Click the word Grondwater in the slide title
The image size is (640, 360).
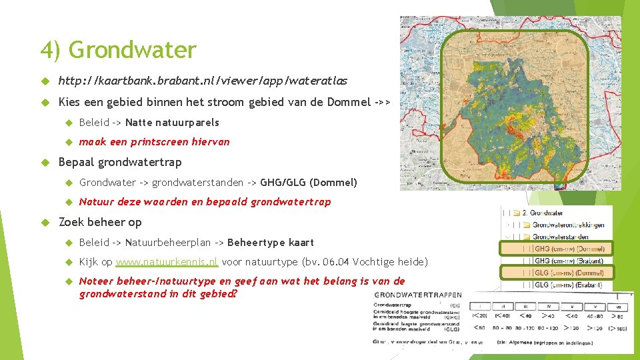point(132,50)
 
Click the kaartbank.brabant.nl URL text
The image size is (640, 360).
point(203,81)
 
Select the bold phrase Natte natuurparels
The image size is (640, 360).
point(172,122)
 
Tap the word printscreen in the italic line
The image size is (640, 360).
point(159,141)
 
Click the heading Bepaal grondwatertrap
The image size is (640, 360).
point(120,162)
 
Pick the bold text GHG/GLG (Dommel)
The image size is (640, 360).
point(308,182)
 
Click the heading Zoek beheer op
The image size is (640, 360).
point(100,222)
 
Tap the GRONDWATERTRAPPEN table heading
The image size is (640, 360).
point(417,295)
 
